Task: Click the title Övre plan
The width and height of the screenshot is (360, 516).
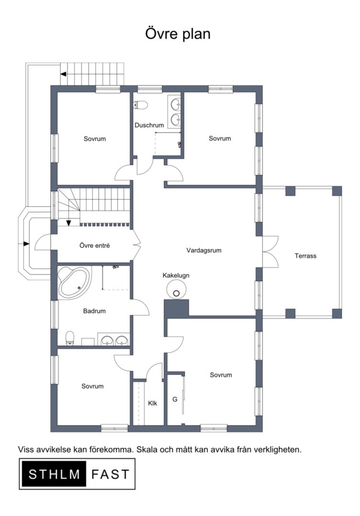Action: click(177, 34)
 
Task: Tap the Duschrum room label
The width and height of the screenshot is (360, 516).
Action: click(149, 125)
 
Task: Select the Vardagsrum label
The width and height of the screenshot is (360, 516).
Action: click(204, 250)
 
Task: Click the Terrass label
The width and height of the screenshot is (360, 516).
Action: click(305, 256)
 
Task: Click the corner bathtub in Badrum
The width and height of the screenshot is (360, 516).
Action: click(74, 283)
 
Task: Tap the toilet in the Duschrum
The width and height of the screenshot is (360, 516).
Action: click(140, 105)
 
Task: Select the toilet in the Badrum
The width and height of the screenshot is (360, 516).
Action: click(70, 338)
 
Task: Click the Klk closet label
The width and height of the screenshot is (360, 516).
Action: click(153, 403)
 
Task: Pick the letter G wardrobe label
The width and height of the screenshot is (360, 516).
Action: click(175, 399)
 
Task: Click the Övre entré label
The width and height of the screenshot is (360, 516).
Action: click(95, 246)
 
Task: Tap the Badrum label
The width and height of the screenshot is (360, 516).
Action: click(94, 311)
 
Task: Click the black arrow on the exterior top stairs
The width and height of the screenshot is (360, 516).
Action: click(63, 74)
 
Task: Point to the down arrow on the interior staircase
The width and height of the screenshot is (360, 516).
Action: click(68, 223)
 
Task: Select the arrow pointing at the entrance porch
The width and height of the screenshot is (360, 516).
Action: click(26, 244)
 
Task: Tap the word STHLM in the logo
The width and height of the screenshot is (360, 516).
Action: click(55, 474)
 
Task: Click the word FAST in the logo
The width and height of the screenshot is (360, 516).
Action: click(110, 474)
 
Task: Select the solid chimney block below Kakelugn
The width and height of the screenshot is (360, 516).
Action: click(176, 308)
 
